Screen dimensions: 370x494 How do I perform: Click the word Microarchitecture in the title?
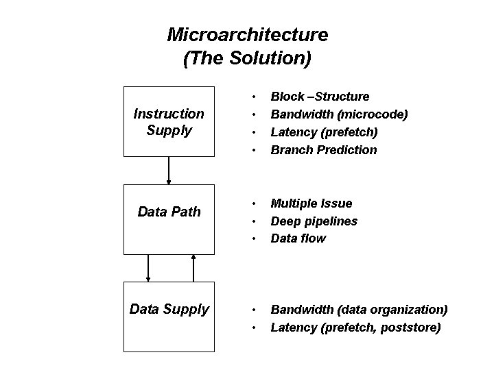(248, 34)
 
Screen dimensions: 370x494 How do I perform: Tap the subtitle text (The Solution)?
(248, 58)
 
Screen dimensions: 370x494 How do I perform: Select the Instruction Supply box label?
(168, 121)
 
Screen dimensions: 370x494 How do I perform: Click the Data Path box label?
(169, 212)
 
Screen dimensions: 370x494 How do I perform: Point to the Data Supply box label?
(169, 309)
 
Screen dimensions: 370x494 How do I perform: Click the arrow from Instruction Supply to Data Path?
(169, 171)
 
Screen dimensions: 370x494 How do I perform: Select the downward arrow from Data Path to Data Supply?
(148, 268)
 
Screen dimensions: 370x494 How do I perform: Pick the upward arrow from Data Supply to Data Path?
(193, 268)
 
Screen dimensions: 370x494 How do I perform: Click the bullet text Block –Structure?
(320, 97)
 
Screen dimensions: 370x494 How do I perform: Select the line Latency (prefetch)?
(324, 132)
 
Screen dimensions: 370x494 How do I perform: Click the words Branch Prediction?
(324, 149)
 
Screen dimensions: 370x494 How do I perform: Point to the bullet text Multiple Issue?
(311, 203)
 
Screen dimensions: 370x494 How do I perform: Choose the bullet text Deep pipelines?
(314, 221)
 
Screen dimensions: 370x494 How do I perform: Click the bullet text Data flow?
(298, 238)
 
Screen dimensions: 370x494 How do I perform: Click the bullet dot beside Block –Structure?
(255, 97)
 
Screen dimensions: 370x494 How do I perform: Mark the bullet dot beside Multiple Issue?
(255, 203)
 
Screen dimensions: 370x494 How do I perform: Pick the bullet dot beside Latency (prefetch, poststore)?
(255, 328)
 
